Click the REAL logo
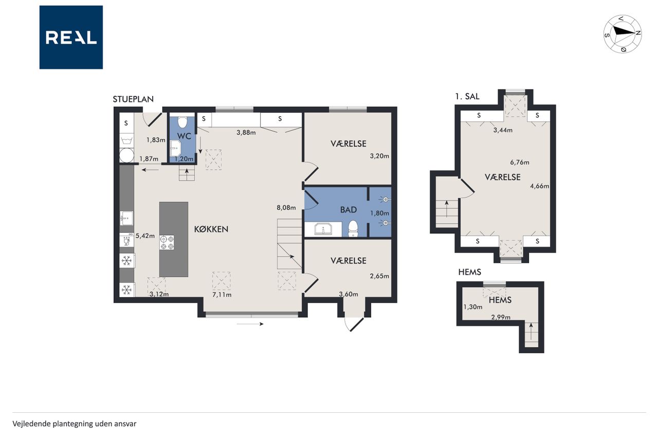click(71, 38)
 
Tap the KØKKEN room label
click(211, 230)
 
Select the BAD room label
click(349, 209)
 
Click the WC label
click(184, 136)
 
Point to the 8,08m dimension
click(286, 207)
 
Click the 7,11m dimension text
click(222, 294)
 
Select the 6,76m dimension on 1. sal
click(520, 162)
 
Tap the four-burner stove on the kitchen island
click(167, 242)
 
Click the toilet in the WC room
click(182, 122)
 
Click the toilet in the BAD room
click(353, 229)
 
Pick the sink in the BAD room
click(323, 230)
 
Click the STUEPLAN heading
click(133, 99)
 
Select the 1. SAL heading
click(467, 96)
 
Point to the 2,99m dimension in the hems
click(501, 317)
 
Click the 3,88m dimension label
click(246, 133)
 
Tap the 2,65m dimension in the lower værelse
click(379, 276)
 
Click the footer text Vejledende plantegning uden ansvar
click(75, 424)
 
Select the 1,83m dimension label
click(156, 140)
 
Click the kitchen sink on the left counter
click(126, 218)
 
